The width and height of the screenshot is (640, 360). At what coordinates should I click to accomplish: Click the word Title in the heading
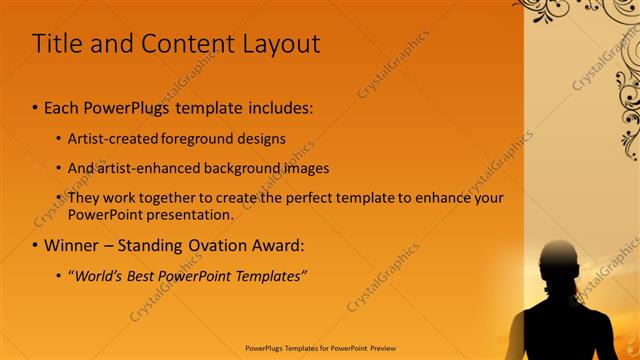coord(58,44)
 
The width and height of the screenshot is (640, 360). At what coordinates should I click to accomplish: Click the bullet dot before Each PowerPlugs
coord(36,106)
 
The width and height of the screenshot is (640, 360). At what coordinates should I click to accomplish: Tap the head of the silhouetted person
coord(558,262)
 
